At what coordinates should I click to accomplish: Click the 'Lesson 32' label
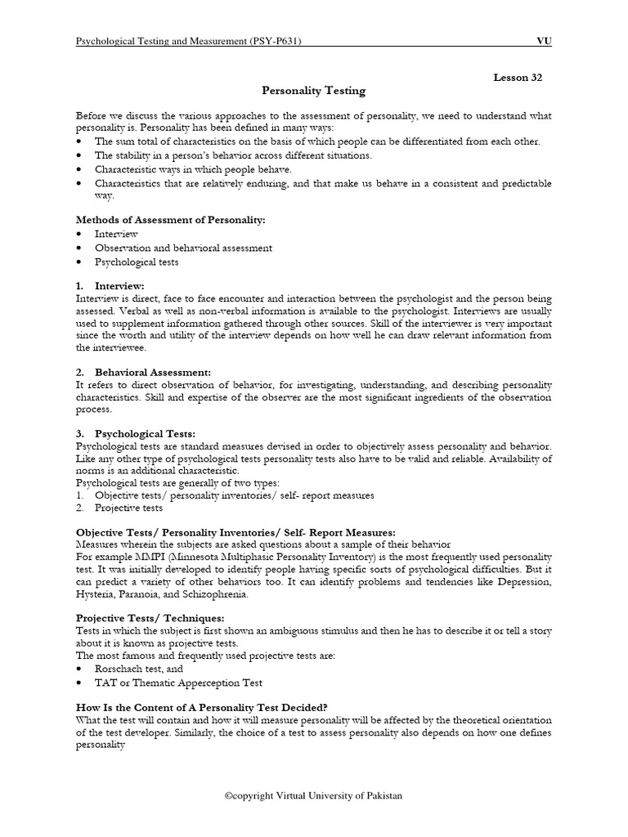[517, 77]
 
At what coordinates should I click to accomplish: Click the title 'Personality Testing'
[313, 91]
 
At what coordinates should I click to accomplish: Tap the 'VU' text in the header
[543, 40]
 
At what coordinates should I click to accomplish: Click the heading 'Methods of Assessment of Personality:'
[170, 220]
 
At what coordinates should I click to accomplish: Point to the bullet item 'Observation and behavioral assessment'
[183, 248]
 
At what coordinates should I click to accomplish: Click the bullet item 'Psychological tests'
[137, 262]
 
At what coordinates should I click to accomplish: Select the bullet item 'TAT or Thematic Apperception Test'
[178, 683]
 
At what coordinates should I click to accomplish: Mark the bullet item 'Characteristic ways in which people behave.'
[193, 169]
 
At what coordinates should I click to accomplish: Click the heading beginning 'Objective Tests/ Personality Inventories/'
[235, 532]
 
